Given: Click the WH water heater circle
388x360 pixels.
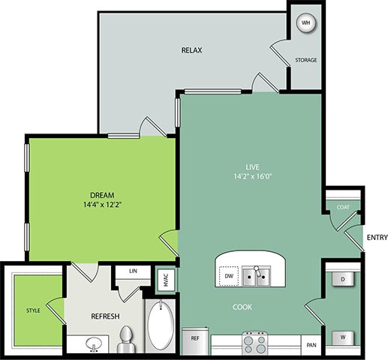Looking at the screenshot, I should (305, 22).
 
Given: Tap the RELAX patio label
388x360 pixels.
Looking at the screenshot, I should (192, 50).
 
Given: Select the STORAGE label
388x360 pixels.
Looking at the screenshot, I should (305, 60).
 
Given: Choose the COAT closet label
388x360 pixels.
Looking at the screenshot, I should (343, 208).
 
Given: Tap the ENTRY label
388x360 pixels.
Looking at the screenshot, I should (376, 238).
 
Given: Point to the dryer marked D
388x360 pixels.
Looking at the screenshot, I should (343, 279).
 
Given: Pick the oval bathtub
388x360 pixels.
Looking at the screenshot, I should (160, 327).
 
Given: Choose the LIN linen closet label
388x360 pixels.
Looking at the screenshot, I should (132, 271).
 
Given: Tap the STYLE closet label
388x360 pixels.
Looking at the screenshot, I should (33, 309).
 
